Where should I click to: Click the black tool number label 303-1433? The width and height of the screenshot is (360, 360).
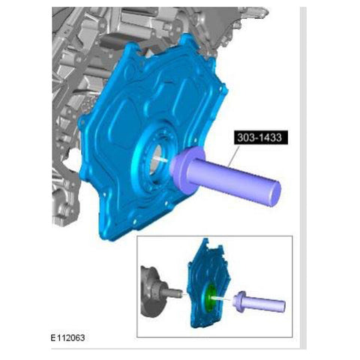click(261, 137)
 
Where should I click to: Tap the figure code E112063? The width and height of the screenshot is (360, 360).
click(67, 338)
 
